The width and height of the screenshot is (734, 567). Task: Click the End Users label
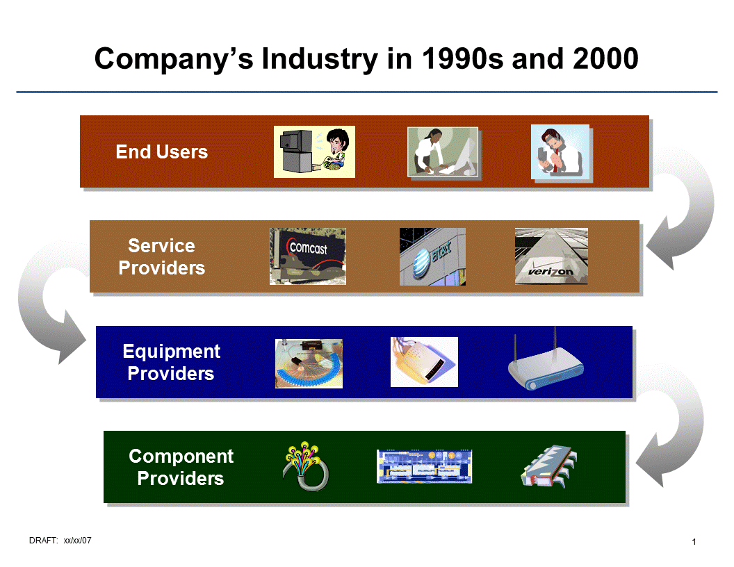pos(161,152)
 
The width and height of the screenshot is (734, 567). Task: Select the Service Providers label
pos(161,257)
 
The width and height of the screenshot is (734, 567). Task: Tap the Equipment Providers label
pos(171,363)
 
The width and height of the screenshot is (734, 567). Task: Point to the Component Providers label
pos(181,468)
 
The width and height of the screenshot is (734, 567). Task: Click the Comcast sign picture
pos(307,256)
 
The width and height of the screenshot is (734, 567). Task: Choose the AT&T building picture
pos(432,256)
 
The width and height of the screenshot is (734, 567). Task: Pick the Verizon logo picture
pos(551,256)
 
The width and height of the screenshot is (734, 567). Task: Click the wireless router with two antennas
pos(546,363)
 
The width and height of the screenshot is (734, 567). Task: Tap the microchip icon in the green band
pos(548,466)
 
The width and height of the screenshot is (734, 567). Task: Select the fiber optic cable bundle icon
pos(306,466)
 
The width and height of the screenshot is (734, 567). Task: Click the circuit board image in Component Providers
pos(424,466)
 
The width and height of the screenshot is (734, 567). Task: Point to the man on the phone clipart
pos(561,153)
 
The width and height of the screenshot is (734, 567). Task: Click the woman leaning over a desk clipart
pos(443,153)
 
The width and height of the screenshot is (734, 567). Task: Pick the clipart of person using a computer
pos(314,152)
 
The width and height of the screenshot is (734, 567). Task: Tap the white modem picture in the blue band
pos(424,362)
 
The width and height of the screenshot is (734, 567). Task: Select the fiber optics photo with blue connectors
pos(309,363)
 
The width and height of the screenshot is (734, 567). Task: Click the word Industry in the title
pos(320,60)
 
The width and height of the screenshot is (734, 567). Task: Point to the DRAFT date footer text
pos(60,541)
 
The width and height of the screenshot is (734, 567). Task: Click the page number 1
pos(694,542)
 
